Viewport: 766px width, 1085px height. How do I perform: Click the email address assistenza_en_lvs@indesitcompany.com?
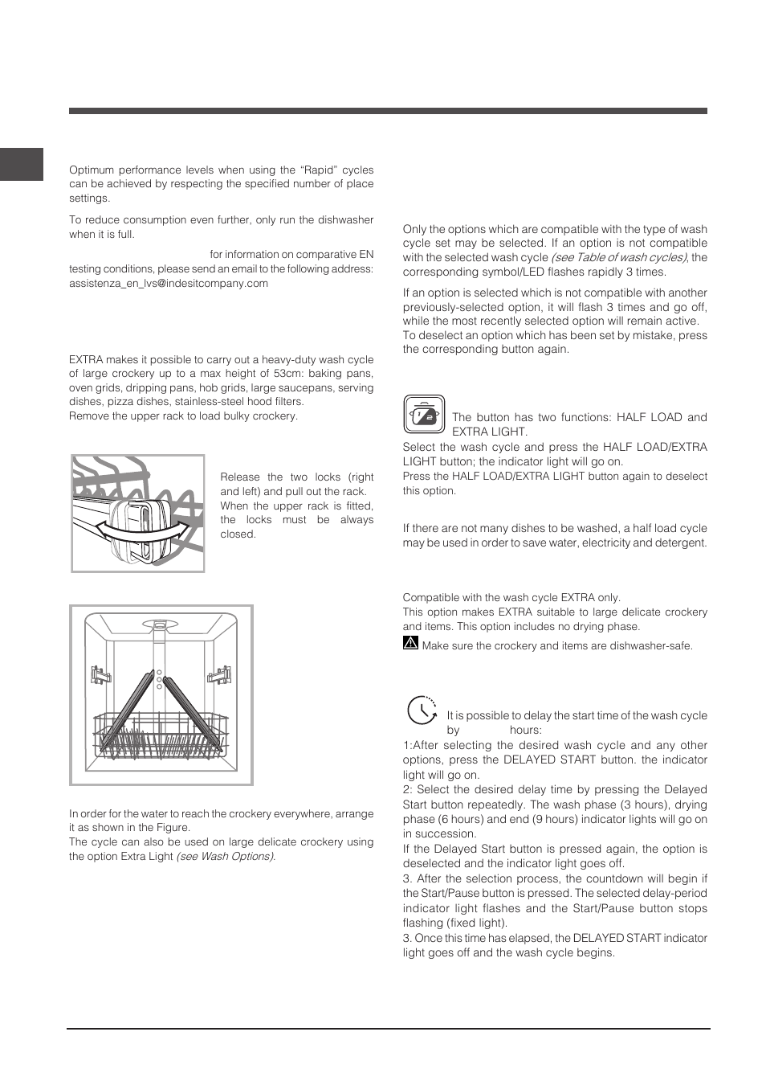(x=169, y=283)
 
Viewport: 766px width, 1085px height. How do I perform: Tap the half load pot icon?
(x=424, y=415)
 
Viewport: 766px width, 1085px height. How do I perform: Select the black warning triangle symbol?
(x=410, y=643)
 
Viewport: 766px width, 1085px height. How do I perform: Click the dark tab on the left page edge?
(x=21, y=164)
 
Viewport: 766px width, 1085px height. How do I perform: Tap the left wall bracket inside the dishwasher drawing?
(x=100, y=674)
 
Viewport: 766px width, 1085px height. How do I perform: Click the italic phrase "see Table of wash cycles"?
(x=618, y=257)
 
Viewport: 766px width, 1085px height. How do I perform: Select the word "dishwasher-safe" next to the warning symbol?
(x=651, y=646)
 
